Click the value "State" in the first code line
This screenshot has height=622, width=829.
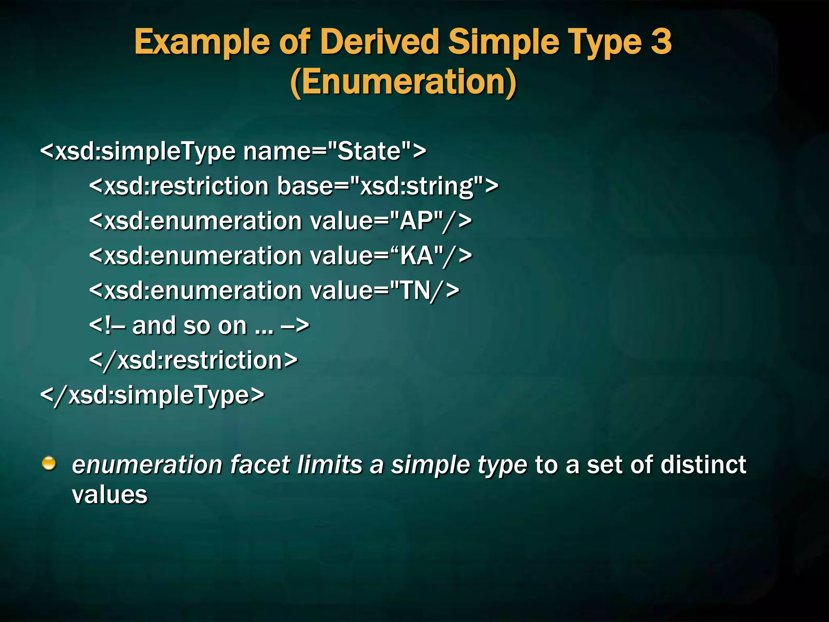tap(369, 151)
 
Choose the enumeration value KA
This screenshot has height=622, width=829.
tap(417, 256)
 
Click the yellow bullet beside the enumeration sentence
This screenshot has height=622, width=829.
tap(49, 463)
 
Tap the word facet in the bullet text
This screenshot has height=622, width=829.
tap(260, 464)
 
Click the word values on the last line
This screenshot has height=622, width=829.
tap(109, 495)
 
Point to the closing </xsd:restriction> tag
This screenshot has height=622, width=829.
tap(193, 360)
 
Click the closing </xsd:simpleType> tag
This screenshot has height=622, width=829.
tap(152, 395)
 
